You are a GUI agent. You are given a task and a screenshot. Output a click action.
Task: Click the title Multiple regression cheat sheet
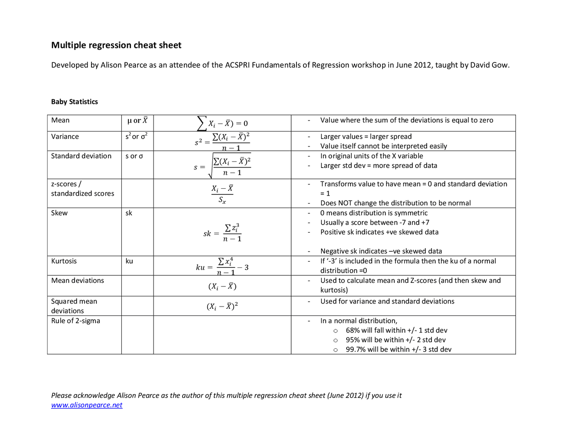tap(116, 45)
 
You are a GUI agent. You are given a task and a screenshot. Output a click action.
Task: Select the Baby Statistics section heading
tap(74, 102)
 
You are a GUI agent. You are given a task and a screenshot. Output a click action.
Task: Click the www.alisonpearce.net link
tap(87, 405)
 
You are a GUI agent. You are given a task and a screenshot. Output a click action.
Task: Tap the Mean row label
tap(60, 121)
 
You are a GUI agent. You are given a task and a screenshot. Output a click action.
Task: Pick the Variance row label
tap(65, 137)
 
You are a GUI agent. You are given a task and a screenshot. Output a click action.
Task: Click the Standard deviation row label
tap(81, 156)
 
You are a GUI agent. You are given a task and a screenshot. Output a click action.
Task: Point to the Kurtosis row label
tap(64, 261)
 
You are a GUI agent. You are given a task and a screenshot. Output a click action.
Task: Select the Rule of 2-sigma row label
tap(76, 321)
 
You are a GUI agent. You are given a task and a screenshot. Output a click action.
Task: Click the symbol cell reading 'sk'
tap(129, 213)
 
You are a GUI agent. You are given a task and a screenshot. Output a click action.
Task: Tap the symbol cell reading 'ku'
tap(129, 261)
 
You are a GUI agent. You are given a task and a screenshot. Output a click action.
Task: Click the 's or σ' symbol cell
tap(134, 156)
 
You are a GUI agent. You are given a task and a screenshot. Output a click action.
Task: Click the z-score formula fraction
tap(222, 194)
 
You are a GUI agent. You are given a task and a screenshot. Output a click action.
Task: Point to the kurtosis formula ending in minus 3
tap(222, 267)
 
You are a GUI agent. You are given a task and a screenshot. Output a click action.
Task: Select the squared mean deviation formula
tap(222, 306)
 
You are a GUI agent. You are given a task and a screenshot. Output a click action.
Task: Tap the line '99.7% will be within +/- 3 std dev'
tap(398, 350)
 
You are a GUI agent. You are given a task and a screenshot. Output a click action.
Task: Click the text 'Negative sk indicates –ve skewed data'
tap(381, 251)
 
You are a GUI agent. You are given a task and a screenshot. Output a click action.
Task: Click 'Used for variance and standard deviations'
tap(387, 302)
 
